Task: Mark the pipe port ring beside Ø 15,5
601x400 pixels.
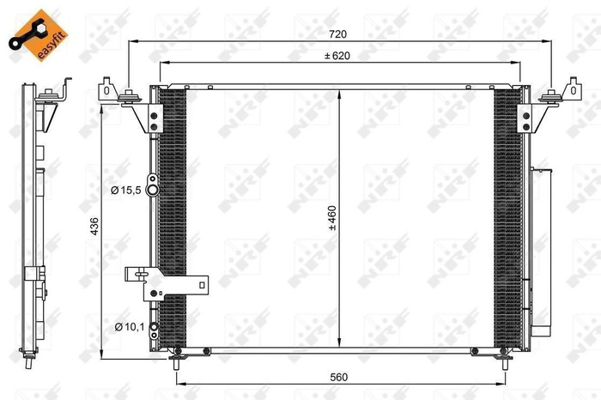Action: point(152,190)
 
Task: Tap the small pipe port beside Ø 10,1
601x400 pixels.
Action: point(152,327)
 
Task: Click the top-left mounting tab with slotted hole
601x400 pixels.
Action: point(106,90)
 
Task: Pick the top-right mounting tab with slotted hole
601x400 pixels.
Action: point(572,90)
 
